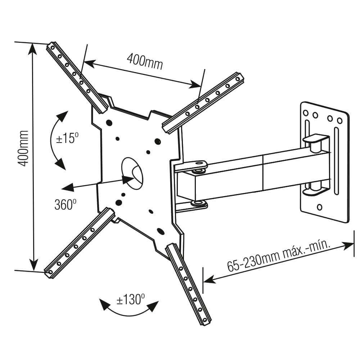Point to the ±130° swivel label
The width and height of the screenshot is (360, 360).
130,300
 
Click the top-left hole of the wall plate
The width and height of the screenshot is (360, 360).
306,113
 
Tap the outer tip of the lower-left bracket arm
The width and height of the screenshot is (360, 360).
49,273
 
